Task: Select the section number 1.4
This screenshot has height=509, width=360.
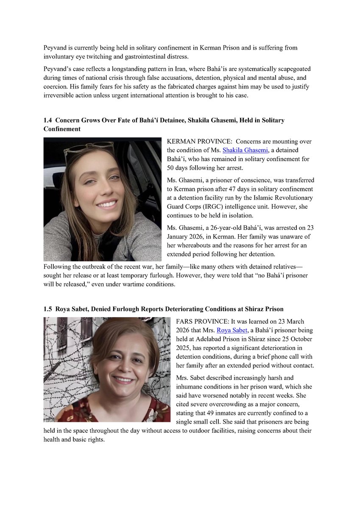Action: coord(48,120)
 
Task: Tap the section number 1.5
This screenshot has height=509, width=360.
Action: coord(48,309)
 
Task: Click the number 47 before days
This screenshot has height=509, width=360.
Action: coord(254,189)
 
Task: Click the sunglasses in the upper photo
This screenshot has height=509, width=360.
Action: coord(89,148)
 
